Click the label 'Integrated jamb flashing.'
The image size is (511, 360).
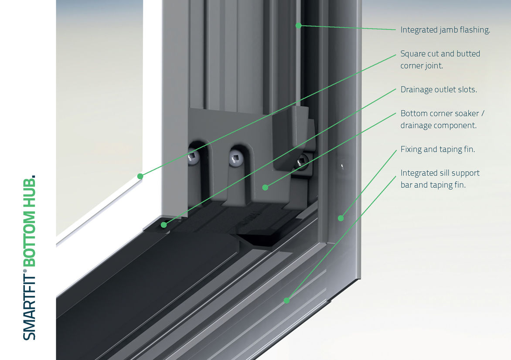[x=445, y=30]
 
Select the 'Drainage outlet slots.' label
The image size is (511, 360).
[x=439, y=90]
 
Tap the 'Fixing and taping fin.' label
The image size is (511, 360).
[x=438, y=149]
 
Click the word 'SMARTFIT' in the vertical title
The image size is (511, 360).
[x=29, y=307]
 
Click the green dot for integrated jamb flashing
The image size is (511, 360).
[x=299, y=25]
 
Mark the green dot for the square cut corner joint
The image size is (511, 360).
[x=140, y=176]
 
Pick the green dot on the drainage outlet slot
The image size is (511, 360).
[x=164, y=225]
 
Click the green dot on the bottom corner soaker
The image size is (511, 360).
[x=265, y=187]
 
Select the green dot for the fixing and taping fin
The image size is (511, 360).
[x=341, y=218]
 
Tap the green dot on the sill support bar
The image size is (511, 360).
[x=287, y=300]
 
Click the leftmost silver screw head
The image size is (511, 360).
[x=194, y=158]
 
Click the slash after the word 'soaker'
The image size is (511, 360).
[x=483, y=113]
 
